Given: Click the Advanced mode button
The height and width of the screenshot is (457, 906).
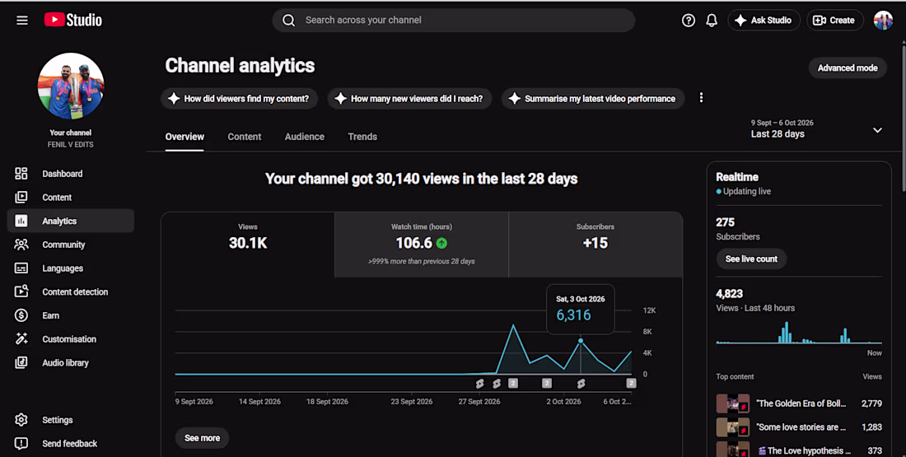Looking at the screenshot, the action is [847, 68].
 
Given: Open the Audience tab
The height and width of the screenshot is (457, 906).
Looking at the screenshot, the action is [305, 137].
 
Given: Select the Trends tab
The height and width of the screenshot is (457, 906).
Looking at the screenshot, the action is [362, 137].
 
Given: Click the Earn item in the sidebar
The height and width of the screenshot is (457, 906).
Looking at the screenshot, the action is [50, 315].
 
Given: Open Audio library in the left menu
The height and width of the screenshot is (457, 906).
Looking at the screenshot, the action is [65, 363].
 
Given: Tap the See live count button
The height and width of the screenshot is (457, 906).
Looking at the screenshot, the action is [751, 259].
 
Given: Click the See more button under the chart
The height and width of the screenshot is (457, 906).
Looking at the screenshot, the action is [203, 438].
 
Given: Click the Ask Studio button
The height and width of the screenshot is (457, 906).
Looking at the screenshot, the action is [764, 21].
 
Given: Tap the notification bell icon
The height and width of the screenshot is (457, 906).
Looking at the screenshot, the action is [712, 21].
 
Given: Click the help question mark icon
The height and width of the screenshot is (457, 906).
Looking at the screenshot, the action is [689, 21].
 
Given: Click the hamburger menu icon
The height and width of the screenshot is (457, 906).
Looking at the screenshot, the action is [22, 21].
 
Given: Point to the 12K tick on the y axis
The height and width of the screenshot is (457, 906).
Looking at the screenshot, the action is [650, 310].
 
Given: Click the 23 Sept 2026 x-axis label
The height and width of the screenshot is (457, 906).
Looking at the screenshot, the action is [411, 402].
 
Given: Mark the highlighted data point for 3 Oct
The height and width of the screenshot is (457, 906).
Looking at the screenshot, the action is [581, 341].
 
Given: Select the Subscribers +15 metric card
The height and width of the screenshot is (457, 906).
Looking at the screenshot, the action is [595, 245].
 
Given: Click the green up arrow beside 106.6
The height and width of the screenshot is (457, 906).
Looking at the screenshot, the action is [441, 243].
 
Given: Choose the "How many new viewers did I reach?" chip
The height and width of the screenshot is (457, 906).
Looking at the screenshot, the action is [409, 99].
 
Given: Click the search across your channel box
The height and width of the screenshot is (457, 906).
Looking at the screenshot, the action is [454, 21].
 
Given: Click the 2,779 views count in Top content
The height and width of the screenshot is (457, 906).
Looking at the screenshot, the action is [871, 403].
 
